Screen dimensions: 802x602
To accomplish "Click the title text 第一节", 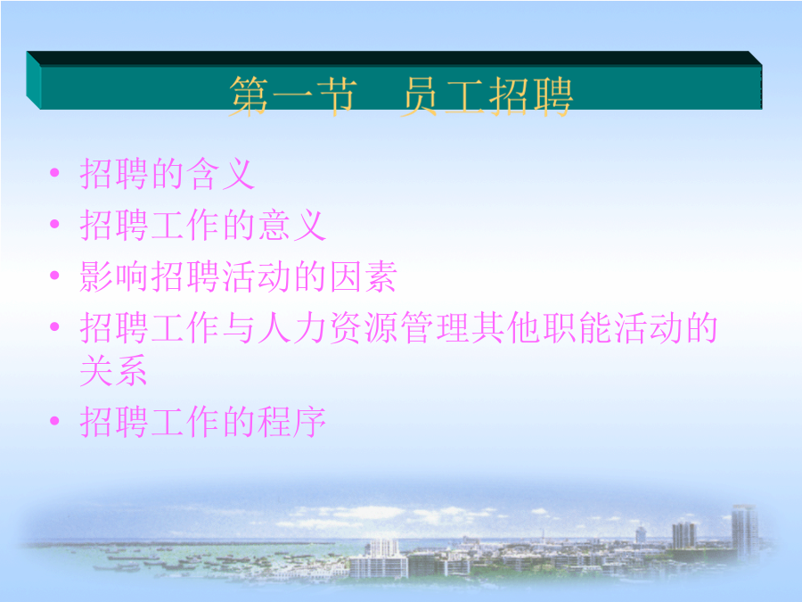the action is (292, 96).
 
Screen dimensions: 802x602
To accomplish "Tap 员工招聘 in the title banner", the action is (487, 96).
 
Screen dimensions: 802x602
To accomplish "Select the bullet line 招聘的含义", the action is (168, 174).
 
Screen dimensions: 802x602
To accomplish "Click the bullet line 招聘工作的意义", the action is (203, 225).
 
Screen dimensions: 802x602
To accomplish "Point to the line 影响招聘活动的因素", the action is (238, 276).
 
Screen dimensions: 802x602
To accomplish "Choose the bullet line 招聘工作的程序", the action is (203, 422).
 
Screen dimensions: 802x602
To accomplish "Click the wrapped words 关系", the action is (113, 370).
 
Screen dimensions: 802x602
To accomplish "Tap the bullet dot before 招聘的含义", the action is (54, 172).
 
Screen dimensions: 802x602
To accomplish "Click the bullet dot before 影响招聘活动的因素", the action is (54, 276).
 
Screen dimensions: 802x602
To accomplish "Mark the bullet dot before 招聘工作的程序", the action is (54, 421).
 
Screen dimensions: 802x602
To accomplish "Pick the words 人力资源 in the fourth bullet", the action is (328, 327).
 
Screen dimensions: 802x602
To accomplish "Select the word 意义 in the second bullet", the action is (291, 225).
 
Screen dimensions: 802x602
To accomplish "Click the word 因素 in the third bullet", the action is (364, 276).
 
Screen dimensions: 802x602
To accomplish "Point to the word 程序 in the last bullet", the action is (291, 422).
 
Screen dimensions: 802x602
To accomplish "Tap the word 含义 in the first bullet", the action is (220, 174).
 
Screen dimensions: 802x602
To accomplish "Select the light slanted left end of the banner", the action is (33, 80).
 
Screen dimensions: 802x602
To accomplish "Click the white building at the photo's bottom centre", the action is (379, 562).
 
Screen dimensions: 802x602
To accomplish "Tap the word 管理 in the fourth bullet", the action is (435, 327).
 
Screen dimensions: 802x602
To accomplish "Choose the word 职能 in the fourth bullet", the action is (577, 327).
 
